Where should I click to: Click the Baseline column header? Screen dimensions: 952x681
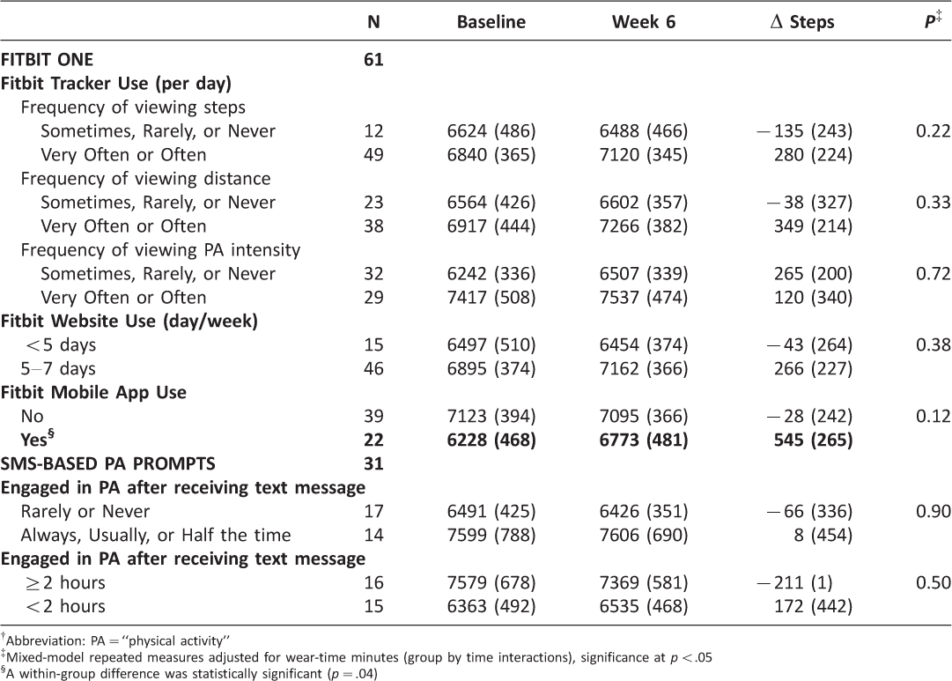coord(491,22)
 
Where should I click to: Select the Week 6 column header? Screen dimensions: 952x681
coord(644,22)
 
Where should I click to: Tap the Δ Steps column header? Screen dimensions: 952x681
coord(802,22)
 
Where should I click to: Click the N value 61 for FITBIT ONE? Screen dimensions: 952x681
coord(373,60)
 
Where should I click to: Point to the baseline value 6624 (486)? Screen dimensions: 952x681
coord(491,131)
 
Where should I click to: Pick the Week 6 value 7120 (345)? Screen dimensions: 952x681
coord(644,155)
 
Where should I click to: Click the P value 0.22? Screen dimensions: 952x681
coord(934,131)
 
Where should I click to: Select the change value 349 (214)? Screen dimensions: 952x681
coord(813,226)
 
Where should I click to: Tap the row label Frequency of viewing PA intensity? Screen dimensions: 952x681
coord(160,249)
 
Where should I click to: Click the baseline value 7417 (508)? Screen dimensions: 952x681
coord(491,298)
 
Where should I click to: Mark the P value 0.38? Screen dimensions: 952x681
coord(934,345)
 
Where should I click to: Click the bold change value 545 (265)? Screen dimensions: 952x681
coord(813,440)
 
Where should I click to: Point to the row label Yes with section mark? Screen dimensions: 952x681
coord(37,439)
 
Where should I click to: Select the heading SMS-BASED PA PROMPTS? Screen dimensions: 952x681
coord(108,464)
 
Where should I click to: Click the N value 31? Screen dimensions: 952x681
coord(373,464)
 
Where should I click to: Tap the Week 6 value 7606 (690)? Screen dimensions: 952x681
coord(644,536)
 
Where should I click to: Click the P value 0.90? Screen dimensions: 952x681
coord(934,512)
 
